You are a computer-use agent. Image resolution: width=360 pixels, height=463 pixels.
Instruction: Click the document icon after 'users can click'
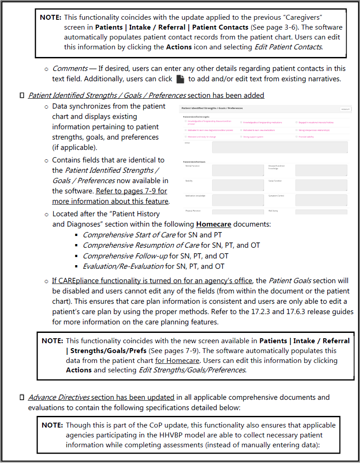[x=180, y=79]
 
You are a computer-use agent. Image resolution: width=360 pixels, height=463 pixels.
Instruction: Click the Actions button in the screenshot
[x=345, y=109]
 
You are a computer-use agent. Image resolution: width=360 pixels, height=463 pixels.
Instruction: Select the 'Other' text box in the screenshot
[x=279, y=147]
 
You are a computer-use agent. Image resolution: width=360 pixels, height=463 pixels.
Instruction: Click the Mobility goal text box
[x=238, y=185]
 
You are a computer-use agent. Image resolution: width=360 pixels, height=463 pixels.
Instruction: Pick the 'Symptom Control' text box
[x=321, y=200]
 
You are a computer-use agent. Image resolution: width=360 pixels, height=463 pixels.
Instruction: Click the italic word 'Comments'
[x=70, y=69]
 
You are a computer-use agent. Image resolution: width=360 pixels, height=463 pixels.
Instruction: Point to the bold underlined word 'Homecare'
[x=213, y=224]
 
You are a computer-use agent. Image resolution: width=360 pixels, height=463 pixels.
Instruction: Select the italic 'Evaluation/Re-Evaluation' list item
[x=123, y=266]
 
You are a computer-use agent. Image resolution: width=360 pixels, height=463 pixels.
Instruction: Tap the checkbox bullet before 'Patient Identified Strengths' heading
[x=22, y=96]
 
